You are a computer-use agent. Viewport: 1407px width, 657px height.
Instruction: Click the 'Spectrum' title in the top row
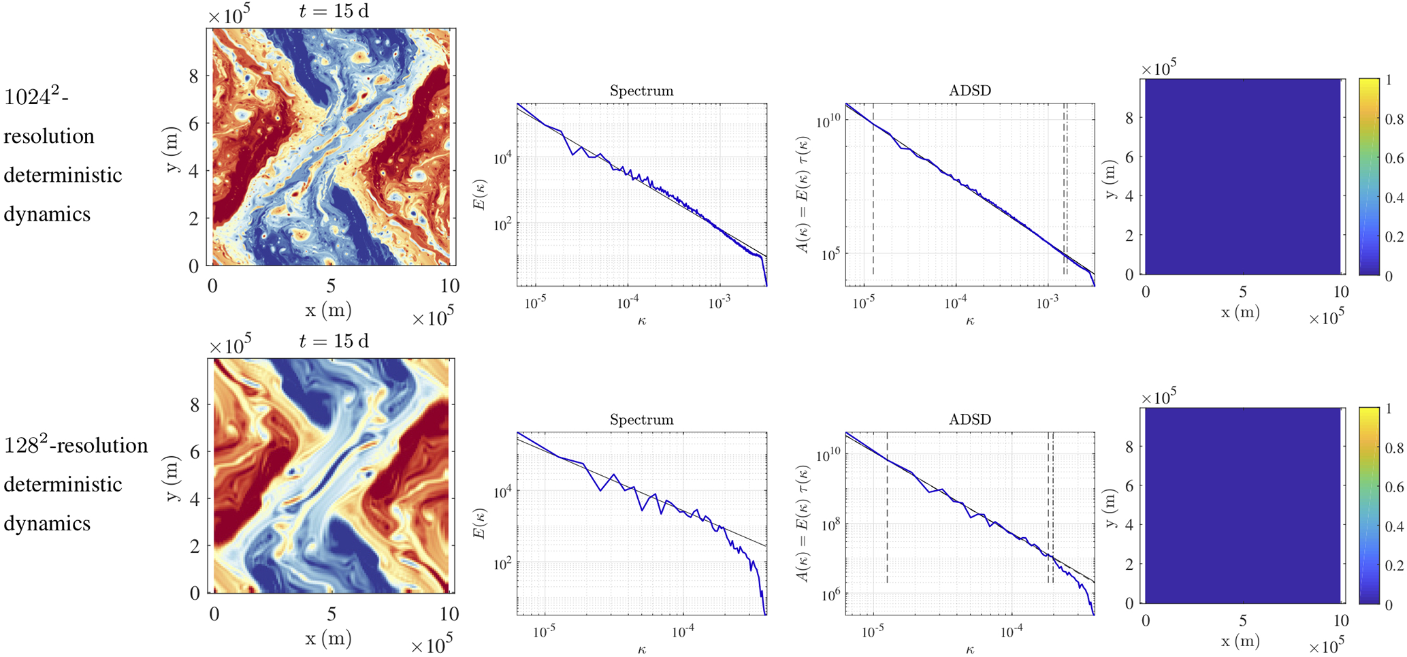coord(641,91)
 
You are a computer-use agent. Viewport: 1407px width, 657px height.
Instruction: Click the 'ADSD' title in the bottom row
coord(969,420)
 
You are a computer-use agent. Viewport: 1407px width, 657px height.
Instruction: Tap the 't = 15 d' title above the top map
coord(334,12)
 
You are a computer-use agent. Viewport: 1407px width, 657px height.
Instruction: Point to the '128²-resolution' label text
coord(76,445)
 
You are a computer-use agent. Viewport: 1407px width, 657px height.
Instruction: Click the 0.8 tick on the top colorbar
coord(1394,120)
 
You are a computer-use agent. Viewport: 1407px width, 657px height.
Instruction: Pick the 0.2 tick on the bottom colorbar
coord(1394,565)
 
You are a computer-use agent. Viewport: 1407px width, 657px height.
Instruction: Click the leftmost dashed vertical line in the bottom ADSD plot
coord(888,511)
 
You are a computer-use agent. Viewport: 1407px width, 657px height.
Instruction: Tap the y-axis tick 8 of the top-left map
coord(194,77)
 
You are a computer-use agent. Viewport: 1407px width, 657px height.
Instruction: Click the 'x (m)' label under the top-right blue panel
coord(1240,313)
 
